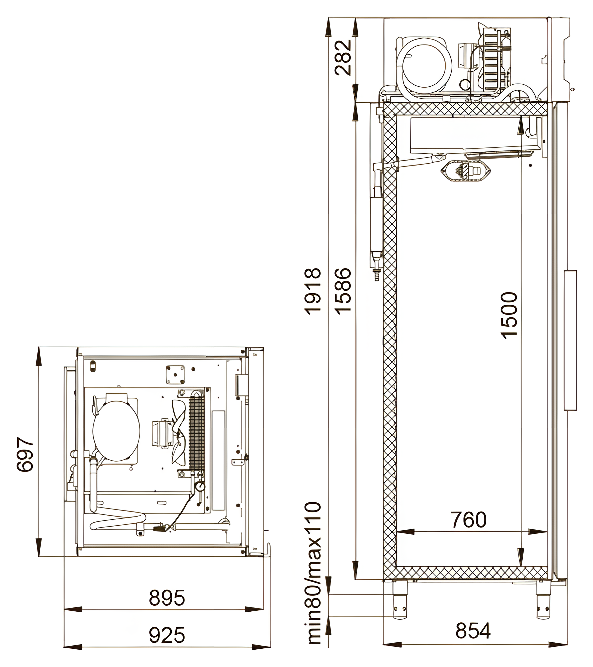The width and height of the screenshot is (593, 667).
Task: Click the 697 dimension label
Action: coord(25,455)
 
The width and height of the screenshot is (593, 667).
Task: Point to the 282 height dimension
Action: coord(343,58)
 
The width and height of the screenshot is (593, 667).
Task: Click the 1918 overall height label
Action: coord(313,291)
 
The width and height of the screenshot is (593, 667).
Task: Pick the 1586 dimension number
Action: coord(343,291)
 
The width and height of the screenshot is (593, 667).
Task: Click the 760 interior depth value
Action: coord(468,520)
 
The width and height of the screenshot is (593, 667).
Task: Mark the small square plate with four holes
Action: coord(175,375)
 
